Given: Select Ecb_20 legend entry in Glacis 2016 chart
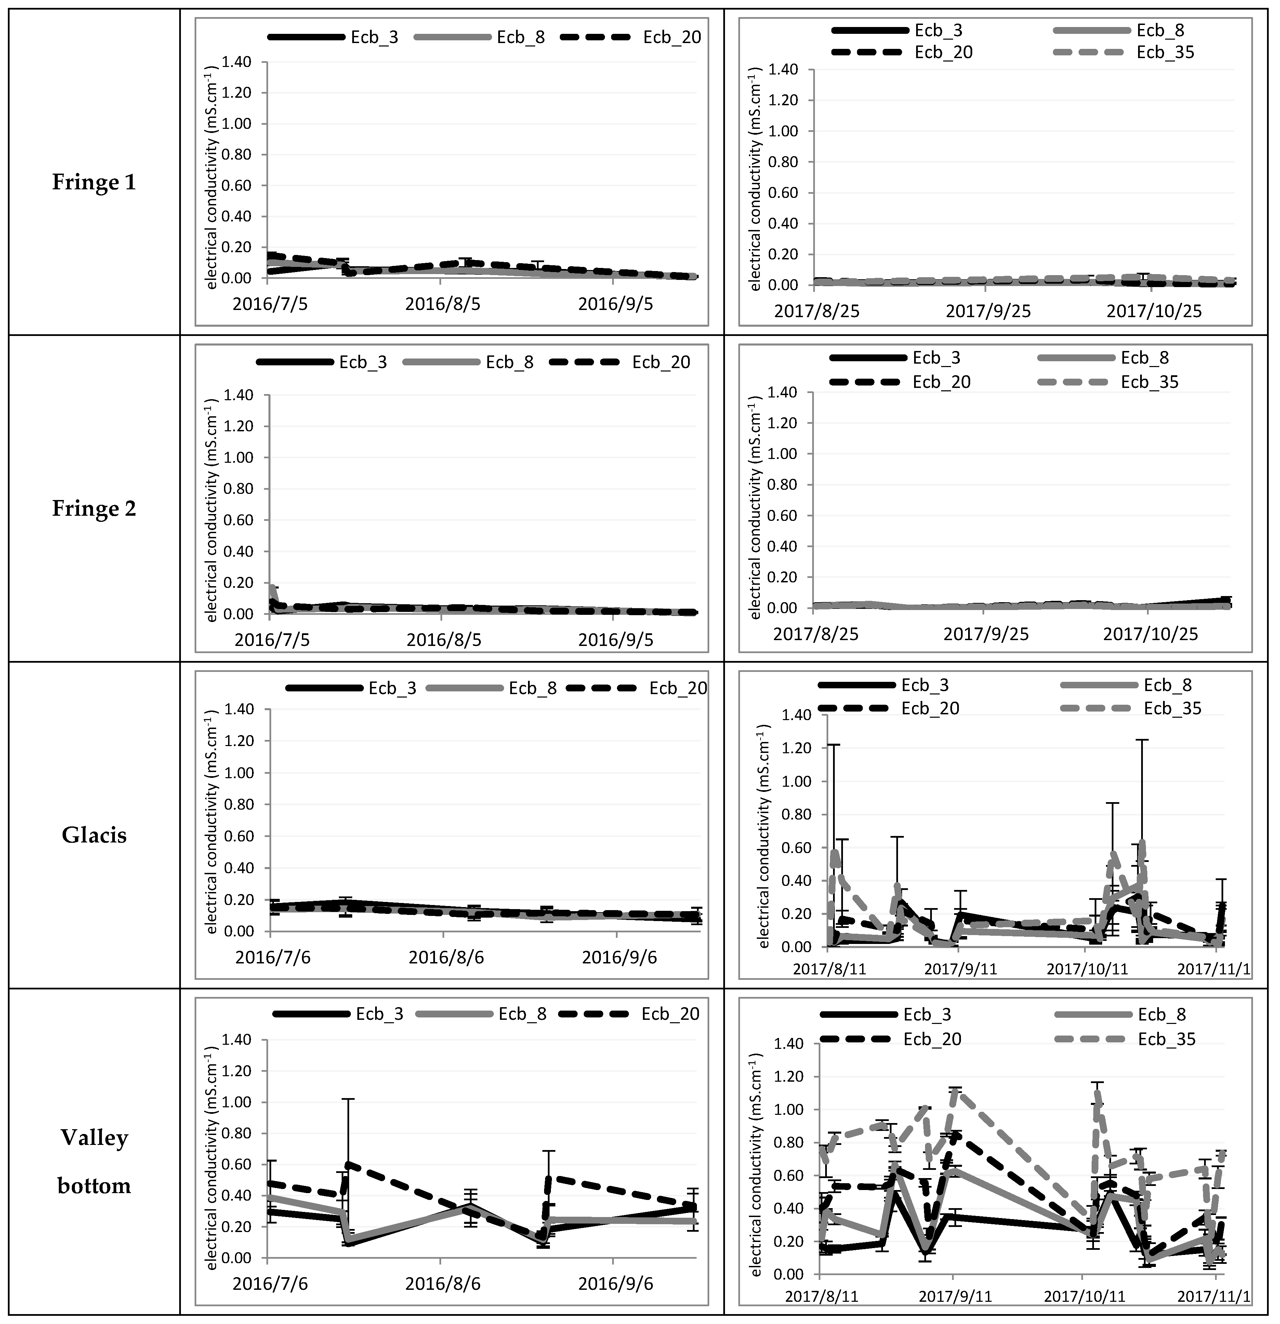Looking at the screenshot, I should tap(678, 688).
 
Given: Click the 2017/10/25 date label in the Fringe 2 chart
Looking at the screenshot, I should tap(1150, 634).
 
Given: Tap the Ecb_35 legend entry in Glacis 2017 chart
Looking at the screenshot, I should tap(1173, 708).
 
